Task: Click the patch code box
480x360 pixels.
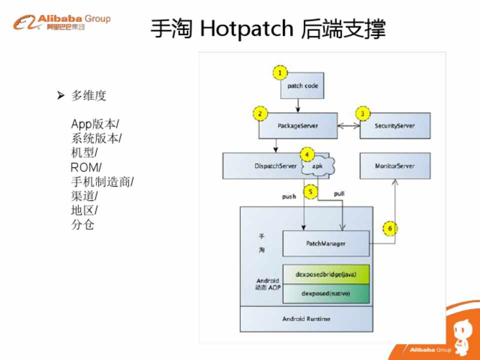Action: [x=302, y=85]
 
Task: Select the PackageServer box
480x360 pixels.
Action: [x=297, y=126]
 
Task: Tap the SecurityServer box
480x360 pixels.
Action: [x=395, y=126]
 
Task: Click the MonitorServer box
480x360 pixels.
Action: [x=395, y=166]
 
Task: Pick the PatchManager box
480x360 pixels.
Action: [x=326, y=243]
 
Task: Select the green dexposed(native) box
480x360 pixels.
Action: [x=326, y=293]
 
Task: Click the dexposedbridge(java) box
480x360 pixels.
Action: [x=326, y=274]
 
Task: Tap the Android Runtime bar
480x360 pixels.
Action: [x=306, y=318]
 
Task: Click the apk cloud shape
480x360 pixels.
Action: [x=317, y=166]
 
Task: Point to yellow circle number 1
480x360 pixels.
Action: [x=280, y=73]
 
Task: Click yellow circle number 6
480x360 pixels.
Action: [x=390, y=228]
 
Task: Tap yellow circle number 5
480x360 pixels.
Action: [x=310, y=190]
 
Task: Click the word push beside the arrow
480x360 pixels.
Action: [x=289, y=196]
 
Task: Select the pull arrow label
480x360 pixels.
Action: [x=339, y=193]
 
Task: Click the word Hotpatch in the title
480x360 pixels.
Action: [x=246, y=29]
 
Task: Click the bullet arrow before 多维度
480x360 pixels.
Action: [x=61, y=95]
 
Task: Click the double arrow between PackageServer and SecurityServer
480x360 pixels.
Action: [x=348, y=126]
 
